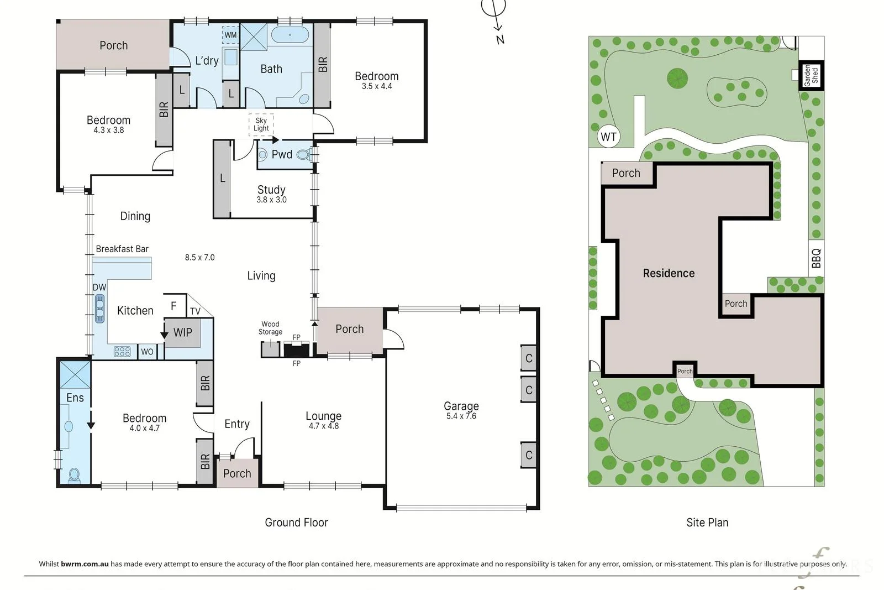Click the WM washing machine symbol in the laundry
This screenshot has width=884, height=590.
tap(230, 35)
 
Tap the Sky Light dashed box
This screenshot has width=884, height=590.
tap(261, 124)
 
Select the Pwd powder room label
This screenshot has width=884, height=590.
tap(282, 154)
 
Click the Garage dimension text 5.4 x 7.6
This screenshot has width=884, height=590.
tap(461, 416)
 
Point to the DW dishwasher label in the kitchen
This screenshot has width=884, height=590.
tap(99, 288)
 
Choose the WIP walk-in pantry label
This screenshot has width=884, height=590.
tap(183, 332)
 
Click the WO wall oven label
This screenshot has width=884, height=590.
tap(147, 352)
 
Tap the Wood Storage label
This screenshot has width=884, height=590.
tap(270, 328)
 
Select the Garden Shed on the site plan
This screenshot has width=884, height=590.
tap(812, 75)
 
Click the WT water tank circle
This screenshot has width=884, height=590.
tap(608, 137)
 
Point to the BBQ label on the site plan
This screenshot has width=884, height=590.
tap(817, 258)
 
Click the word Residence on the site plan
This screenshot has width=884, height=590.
tap(669, 273)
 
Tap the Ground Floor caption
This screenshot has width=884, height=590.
tap(296, 523)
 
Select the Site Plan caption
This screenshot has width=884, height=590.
tap(707, 523)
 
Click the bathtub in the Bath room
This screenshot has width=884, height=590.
tap(290, 35)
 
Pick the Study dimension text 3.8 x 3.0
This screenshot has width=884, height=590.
tap(271, 200)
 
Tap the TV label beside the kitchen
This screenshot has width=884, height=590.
tap(195, 311)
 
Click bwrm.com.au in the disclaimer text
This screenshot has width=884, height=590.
tap(85, 564)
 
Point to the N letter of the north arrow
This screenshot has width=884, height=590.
tap(501, 39)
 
